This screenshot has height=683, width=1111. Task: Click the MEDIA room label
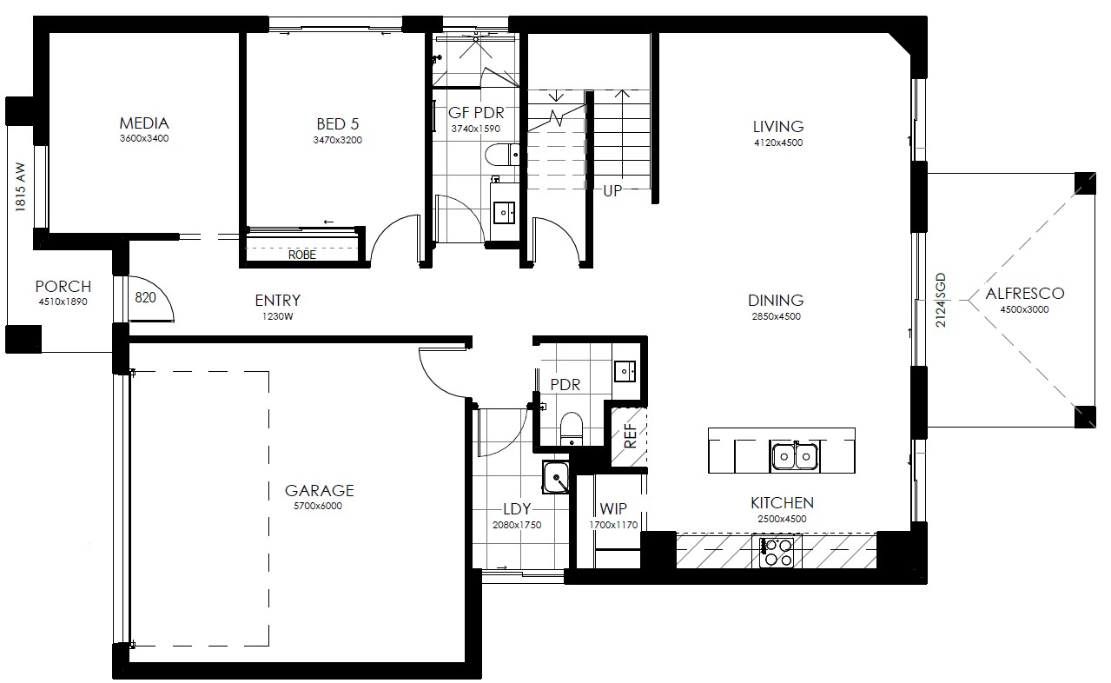click(144, 123)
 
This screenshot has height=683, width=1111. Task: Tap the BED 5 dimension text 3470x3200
click(338, 141)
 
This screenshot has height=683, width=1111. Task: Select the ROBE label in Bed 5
click(302, 255)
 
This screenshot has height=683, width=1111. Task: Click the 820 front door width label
click(145, 297)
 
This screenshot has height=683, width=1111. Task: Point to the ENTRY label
click(278, 301)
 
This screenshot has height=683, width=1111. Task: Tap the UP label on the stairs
click(612, 191)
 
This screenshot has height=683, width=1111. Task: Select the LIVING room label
click(778, 127)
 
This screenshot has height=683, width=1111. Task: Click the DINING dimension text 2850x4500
click(777, 316)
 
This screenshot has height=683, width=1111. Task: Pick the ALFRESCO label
click(1025, 294)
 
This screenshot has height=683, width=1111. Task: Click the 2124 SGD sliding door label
click(941, 300)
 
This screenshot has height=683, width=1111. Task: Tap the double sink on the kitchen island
click(795, 456)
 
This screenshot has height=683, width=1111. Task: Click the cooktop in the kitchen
click(777, 552)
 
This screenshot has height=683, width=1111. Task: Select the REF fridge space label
click(630, 436)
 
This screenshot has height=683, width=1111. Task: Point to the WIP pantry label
click(613, 509)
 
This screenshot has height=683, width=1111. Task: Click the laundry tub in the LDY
click(556, 478)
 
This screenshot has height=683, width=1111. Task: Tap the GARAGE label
click(320, 491)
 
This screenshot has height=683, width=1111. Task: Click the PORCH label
click(63, 287)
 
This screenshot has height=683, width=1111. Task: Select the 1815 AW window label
click(20, 187)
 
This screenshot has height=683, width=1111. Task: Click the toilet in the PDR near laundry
click(571, 429)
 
